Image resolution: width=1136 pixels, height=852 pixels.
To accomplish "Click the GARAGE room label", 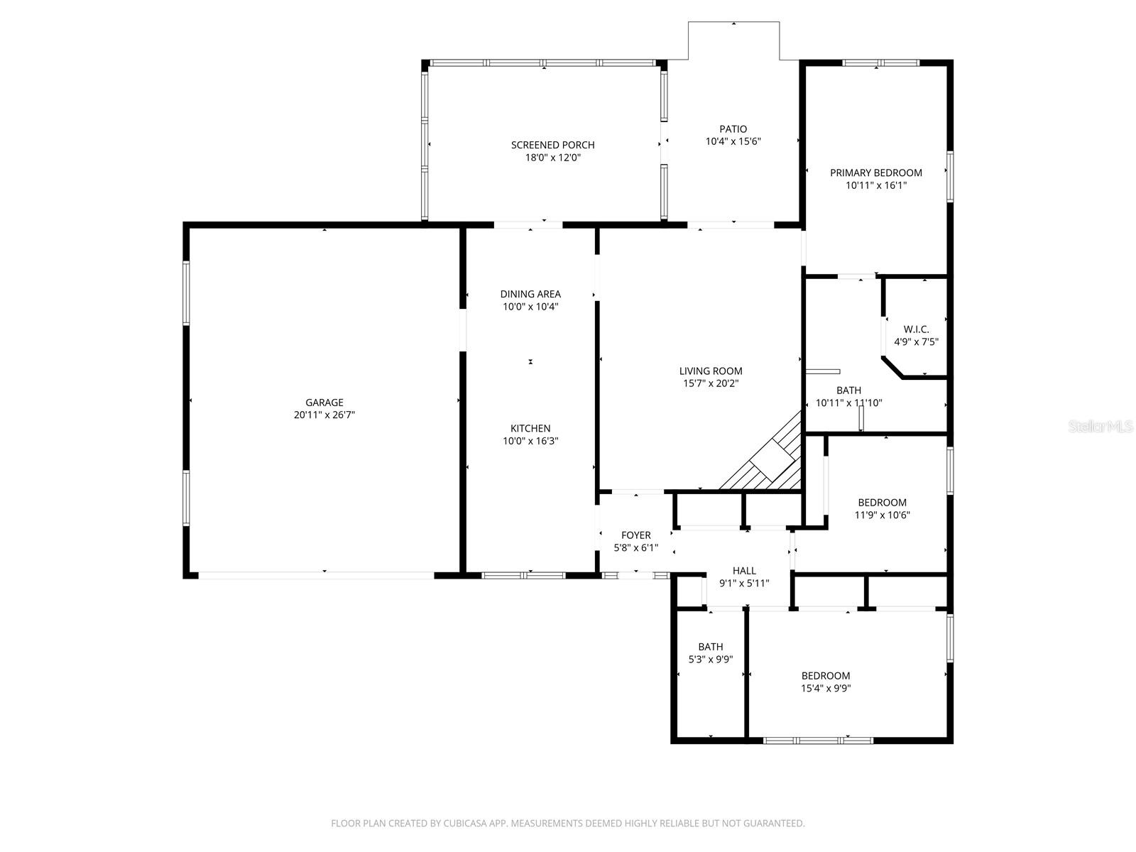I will click(x=324, y=403).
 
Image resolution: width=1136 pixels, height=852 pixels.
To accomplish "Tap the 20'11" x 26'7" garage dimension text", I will click(x=324, y=415).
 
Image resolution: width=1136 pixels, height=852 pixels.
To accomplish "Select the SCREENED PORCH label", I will click(x=553, y=145).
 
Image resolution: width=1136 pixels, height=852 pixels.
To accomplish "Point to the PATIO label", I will click(x=733, y=129).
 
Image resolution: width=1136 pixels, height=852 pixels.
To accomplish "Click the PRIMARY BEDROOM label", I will click(x=876, y=173).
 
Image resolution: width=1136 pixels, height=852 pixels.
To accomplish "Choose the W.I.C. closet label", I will click(x=916, y=329).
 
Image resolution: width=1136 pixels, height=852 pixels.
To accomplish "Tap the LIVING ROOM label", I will click(x=711, y=371).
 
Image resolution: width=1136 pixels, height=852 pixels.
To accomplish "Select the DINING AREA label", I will click(x=530, y=294).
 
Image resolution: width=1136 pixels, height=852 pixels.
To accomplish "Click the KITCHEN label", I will click(x=530, y=428).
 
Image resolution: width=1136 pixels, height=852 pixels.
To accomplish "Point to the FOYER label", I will click(x=636, y=535).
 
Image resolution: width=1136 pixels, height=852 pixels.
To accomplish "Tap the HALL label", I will click(x=744, y=571).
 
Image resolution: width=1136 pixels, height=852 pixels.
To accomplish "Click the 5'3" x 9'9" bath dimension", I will click(x=711, y=660).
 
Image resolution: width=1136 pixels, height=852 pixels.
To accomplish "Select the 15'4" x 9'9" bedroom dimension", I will click(x=826, y=689).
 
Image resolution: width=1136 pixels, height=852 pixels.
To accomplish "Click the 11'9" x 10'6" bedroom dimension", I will click(x=882, y=515).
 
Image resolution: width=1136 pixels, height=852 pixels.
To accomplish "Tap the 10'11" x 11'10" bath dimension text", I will click(x=849, y=403).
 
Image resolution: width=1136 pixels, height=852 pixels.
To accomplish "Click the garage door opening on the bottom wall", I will click(x=316, y=575).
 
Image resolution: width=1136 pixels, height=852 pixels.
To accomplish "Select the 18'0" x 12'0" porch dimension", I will click(x=553, y=158).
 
